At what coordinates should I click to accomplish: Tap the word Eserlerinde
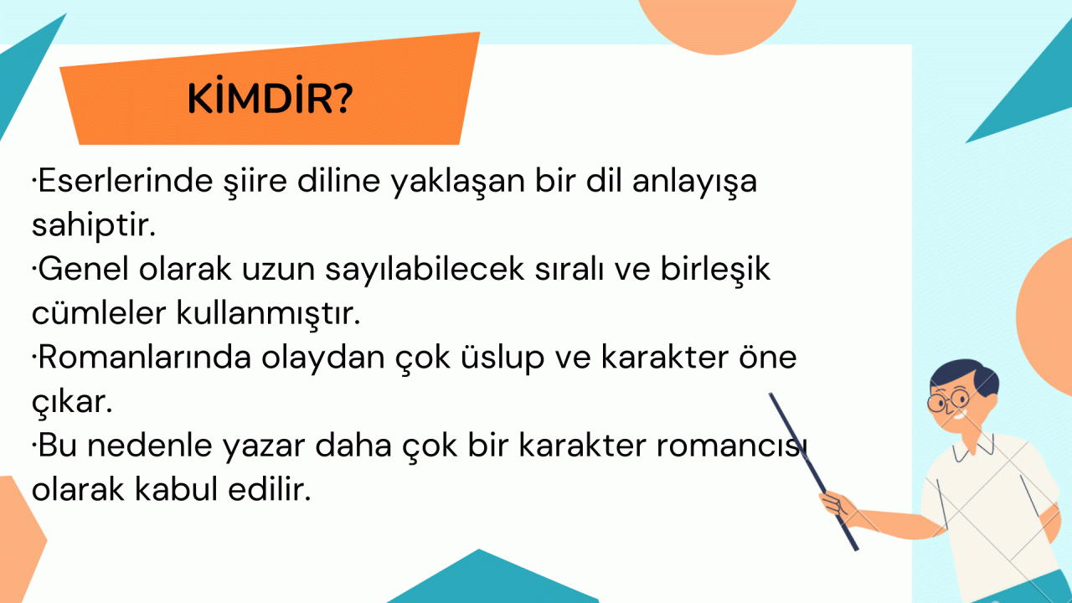(126, 181)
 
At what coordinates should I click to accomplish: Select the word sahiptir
(94, 225)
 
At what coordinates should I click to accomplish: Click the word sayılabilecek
(425, 270)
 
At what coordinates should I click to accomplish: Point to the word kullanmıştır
(269, 313)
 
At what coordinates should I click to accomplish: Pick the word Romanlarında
(145, 358)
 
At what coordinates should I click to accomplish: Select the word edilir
(270, 489)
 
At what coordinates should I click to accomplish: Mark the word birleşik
(715, 270)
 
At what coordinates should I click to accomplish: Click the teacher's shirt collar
(973, 447)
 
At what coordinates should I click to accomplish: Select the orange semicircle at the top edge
(718, 24)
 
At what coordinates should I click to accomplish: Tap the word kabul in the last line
(176, 489)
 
